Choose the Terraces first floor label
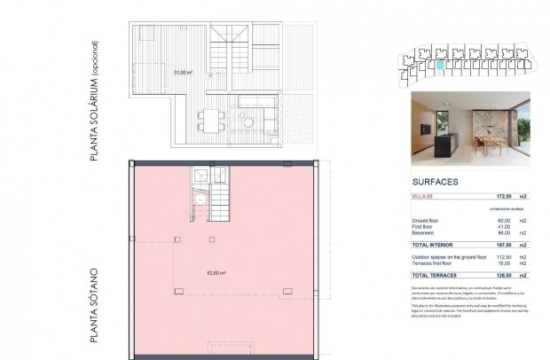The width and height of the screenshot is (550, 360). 432,262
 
